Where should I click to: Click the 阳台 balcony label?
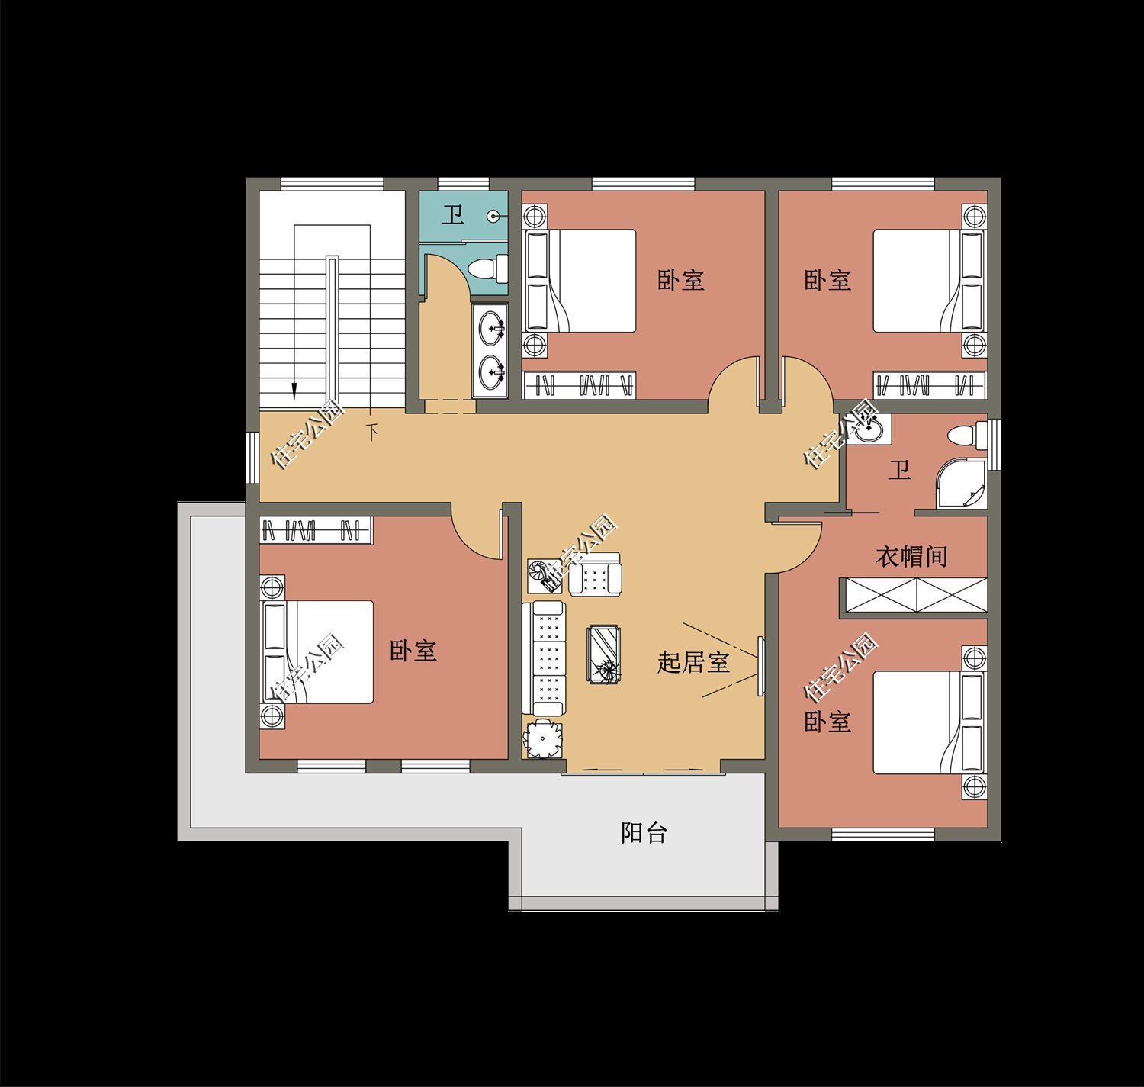tap(644, 833)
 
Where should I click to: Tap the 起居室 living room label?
tap(693, 662)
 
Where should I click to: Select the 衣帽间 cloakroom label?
tap(911, 556)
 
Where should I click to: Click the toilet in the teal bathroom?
tap(484, 269)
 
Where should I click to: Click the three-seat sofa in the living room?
tap(544, 658)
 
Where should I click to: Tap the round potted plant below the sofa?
tap(543, 738)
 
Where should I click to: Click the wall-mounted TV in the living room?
tap(760, 665)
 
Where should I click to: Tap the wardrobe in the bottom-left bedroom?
tap(316, 529)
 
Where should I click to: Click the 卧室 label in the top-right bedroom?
tap(827, 280)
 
